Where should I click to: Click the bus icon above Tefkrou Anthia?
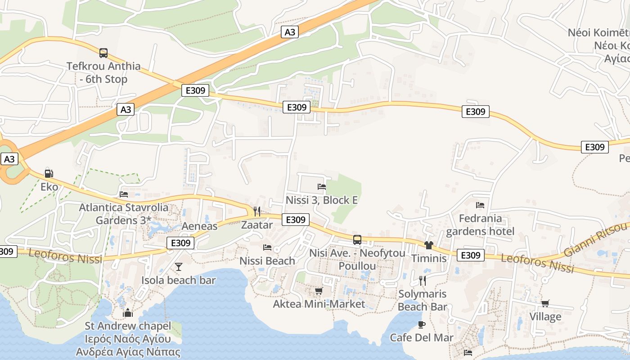point(103,53)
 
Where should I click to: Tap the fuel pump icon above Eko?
point(49,173)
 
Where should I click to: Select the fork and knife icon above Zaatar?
point(257,211)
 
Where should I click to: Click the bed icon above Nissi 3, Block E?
point(322,186)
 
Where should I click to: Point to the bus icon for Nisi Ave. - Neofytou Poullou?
point(357,240)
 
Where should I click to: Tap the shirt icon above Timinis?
point(428,245)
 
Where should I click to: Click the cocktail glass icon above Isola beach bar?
point(179,267)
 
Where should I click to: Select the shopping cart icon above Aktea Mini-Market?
point(319,291)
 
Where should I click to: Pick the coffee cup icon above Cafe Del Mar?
point(422,324)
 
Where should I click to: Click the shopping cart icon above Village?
point(545,304)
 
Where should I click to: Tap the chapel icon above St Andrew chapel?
point(128,312)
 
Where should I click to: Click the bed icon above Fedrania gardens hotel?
point(480,205)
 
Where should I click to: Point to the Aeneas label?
point(199,226)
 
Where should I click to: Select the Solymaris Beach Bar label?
point(422,300)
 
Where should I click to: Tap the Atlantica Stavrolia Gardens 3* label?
point(124,214)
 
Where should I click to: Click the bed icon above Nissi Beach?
point(267,247)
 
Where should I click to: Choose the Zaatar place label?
point(257,225)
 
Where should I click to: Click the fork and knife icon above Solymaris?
point(423,281)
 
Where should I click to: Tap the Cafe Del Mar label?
point(422,337)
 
